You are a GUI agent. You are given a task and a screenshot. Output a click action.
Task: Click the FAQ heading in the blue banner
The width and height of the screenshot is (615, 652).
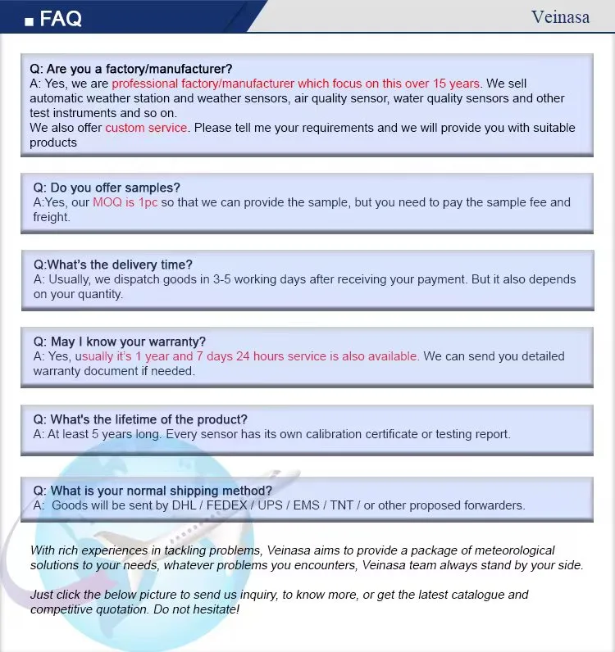61,18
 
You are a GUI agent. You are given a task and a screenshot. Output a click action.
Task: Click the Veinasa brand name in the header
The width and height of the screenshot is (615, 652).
560,16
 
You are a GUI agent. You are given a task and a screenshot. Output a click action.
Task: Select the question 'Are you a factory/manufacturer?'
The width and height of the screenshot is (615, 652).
131,69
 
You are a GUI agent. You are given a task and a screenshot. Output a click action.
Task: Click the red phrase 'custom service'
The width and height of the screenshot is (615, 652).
146,128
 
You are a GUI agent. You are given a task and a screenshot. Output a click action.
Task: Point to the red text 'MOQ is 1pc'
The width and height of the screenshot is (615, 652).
125,202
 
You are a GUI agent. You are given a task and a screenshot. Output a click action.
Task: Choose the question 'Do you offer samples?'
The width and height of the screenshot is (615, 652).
107,188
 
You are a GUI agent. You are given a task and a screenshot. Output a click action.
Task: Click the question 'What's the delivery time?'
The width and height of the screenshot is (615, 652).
113,265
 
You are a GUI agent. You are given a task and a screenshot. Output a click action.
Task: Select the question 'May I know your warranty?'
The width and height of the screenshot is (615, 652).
120,342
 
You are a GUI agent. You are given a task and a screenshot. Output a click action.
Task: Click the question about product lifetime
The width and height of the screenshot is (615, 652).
140,419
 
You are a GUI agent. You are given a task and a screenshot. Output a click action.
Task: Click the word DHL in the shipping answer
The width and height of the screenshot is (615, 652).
184,505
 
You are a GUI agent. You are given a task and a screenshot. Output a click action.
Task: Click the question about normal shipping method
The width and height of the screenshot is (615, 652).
153,491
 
